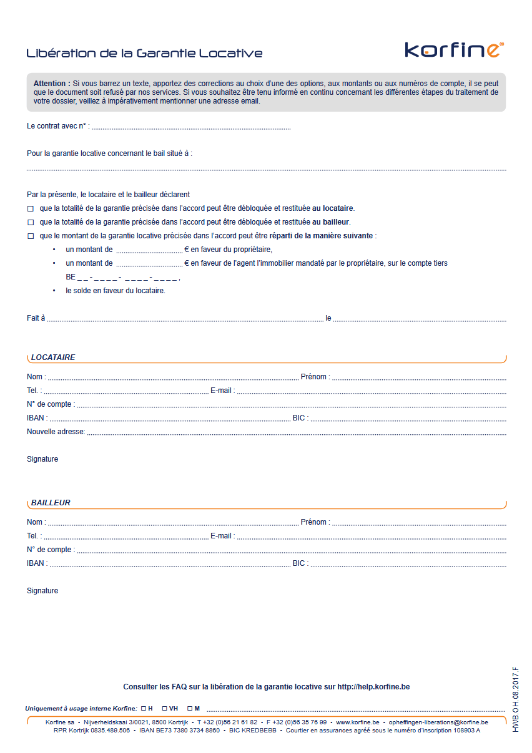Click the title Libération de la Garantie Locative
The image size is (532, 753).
point(144,53)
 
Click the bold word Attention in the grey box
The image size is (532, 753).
point(51,84)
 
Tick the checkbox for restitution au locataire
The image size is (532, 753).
point(30,208)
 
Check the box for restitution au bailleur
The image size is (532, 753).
point(30,222)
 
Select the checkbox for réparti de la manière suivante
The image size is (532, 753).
point(30,236)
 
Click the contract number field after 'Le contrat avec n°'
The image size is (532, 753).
point(190,127)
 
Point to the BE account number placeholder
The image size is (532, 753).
point(122,277)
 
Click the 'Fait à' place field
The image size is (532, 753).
point(185,319)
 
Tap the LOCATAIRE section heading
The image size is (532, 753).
point(53,357)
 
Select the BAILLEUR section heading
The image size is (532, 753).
point(51,503)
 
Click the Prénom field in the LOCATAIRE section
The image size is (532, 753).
point(418,377)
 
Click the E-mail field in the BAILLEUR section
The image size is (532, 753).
point(371,537)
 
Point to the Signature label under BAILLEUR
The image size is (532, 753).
point(42,591)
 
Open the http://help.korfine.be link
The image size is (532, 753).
point(373,687)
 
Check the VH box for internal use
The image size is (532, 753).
point(164,709)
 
